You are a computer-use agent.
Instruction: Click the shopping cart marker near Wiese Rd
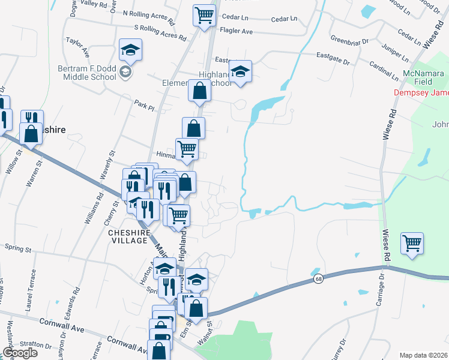(412, 244)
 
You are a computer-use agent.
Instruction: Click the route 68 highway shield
(316, 279)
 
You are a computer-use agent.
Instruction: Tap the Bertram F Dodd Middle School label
(86, 73)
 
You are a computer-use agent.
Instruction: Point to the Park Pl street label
(145, 106)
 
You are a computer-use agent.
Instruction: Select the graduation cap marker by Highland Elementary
(240, 72)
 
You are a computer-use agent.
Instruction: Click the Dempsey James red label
(421, 92)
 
